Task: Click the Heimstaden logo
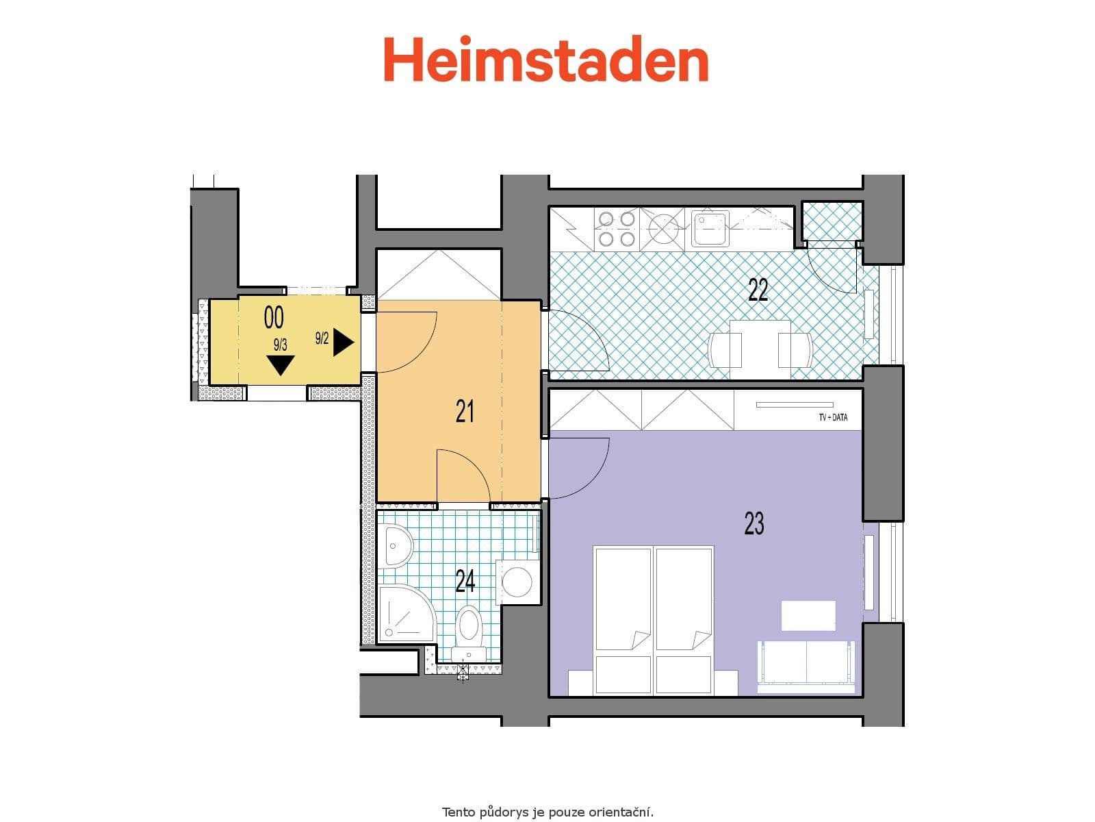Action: coord(545,60)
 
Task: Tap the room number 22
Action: coord(758,290)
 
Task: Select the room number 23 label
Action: coord(753,523)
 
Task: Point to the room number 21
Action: coord(465,412)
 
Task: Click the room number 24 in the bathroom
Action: coord(465,582)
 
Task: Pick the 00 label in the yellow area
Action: coord(274,318)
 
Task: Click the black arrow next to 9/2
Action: coord(343,343)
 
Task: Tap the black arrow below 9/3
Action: coord(280,365)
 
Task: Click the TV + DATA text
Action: coord(833,416)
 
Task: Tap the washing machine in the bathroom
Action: coord(517,582)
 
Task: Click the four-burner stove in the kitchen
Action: coord(616,229)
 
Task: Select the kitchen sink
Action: coord(708,228)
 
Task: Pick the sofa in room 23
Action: coord(806,662)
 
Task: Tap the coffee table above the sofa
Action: coord(808,615)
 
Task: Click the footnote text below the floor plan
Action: coord(547,812)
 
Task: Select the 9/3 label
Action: coord(280,345)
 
